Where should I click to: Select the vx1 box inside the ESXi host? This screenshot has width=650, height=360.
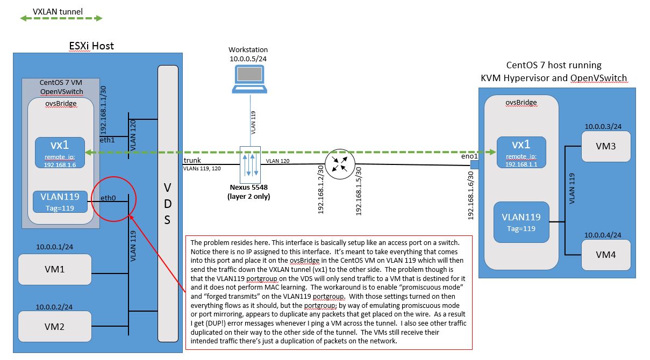pyautogui.click(x=60, y=153)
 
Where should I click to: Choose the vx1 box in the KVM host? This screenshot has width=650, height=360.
pyautogui.click(x=521, y=153)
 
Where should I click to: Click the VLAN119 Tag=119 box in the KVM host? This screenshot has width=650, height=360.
pyautogui.click(x=522, y=222)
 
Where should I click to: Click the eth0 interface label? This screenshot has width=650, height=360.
pyautogui.click(x=108, y=198)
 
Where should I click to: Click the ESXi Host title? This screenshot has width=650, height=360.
pyautogui.click(x=92, y=46)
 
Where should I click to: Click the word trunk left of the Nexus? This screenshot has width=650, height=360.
pyautogui.click(x=193, y=161)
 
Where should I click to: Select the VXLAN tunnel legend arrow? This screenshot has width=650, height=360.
pyautogui.click(x=61, y=18)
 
